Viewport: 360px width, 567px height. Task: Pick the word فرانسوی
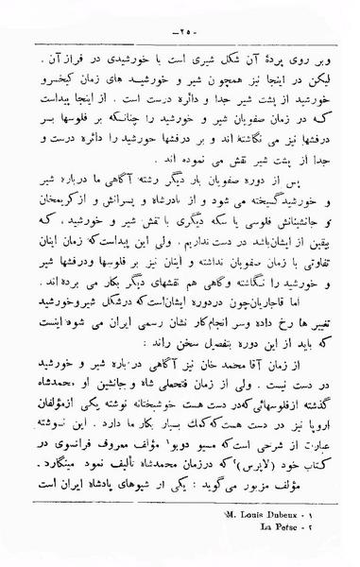pyautogui.click(x=86, y=434)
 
